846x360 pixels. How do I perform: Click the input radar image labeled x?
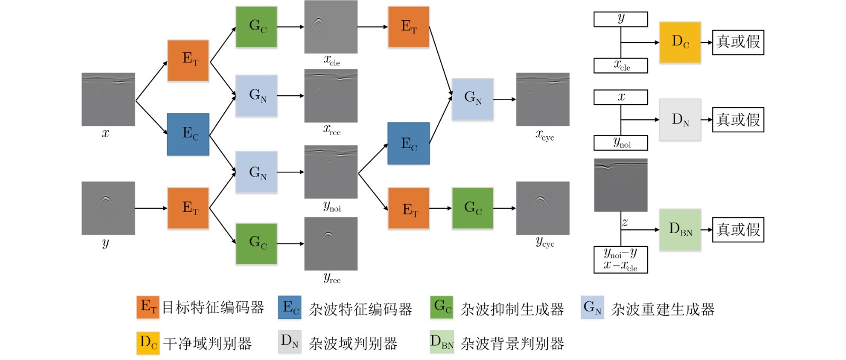pos(108,99)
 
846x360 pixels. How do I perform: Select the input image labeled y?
pos(108,208)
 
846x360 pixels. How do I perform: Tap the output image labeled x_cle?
pos(331,27)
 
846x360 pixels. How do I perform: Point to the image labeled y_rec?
pos(331,244)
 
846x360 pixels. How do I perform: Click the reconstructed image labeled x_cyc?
pos(542,99)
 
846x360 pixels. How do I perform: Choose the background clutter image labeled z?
pos(621,185)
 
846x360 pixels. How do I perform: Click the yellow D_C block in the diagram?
pos(680,42)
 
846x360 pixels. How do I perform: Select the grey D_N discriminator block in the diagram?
pos(680,120)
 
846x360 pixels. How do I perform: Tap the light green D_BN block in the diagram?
pos(680,229)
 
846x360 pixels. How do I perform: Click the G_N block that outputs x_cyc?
pos(473,99)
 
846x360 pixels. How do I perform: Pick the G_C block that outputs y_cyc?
pos(473,208)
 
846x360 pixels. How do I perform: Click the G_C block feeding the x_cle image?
pos(256,27)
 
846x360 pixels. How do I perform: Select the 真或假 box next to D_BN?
pos(738,229)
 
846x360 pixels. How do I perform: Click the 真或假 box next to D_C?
pos(738,42)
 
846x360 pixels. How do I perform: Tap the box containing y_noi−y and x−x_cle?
pos(621,260)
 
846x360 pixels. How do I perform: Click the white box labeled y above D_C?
pos(621,19)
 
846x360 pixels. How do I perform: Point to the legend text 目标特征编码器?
pos(213,308)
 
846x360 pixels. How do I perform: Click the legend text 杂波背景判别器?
pos(512,344)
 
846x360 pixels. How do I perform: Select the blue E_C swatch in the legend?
pos(290,308)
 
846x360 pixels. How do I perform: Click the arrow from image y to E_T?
pos(151,208)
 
